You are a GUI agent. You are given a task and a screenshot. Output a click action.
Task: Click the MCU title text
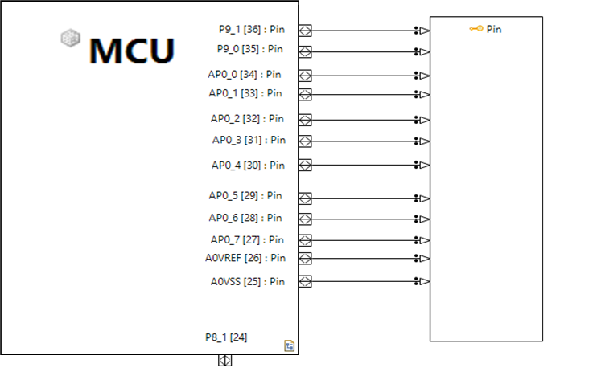[131, 50]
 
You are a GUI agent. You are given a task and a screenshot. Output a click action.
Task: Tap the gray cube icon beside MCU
[72, 37]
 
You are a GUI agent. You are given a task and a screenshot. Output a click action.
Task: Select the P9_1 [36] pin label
[251, 28]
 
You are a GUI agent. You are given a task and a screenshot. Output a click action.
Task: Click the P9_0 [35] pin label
[250, 49]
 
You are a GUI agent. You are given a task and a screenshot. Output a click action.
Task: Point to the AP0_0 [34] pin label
[246, 74]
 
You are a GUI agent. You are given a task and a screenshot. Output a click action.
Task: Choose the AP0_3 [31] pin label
[249, 140]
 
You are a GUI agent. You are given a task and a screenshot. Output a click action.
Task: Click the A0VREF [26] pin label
[245, 258]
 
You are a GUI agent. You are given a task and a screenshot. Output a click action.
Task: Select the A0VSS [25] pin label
[248, 281]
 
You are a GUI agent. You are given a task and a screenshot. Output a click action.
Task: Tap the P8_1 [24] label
[226, 337]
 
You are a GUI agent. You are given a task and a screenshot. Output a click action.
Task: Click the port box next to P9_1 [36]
[305, 31]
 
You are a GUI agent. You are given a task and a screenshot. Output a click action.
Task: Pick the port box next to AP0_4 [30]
[305, 166]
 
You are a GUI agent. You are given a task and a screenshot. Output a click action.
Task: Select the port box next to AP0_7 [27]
[305, 240]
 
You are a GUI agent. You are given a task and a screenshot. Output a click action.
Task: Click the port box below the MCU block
[225, 361]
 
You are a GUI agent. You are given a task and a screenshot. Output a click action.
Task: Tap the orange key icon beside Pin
[476, 29]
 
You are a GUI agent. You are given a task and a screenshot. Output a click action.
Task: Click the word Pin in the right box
[494, 29]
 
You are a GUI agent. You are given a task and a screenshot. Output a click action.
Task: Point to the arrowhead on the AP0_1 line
[424, 95]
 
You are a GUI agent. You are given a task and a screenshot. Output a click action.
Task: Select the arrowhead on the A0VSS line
[424, 281]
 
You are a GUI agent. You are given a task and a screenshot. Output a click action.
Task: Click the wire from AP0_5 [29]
[362, 198]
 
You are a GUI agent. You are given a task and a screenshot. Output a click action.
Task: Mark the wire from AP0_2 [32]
[362, 120]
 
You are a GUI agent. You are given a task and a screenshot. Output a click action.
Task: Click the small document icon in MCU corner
[289, 345]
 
